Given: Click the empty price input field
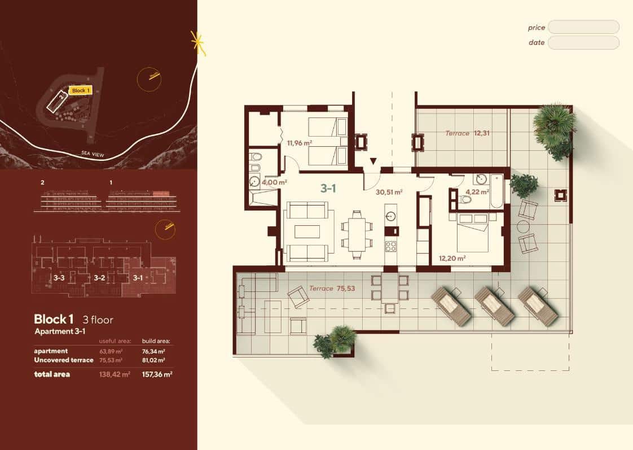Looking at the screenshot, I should [x=583, y=27].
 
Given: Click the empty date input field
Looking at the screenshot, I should [x=583, y=42].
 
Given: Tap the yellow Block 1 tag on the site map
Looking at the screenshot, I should [x=80, y=90].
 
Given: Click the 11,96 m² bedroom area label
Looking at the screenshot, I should [x=300, y=143].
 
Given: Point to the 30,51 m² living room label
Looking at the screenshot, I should [x=389, y=192].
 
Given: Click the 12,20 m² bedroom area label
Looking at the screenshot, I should [x=452, y=259].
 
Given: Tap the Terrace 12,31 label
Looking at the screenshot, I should [x=464, y=133].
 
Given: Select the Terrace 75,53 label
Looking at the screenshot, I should [x=332, y=289].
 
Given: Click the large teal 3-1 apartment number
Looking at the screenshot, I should [x=328, y=189].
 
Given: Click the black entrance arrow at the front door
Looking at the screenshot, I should [x=373, y=162].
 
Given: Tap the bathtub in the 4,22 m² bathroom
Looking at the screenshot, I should [x=496, y=191].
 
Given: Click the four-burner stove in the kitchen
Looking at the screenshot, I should [x=390, y=246].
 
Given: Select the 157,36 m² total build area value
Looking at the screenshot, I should [x=157, y=374].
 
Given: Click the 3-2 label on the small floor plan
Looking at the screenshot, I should [x=99, y=278].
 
